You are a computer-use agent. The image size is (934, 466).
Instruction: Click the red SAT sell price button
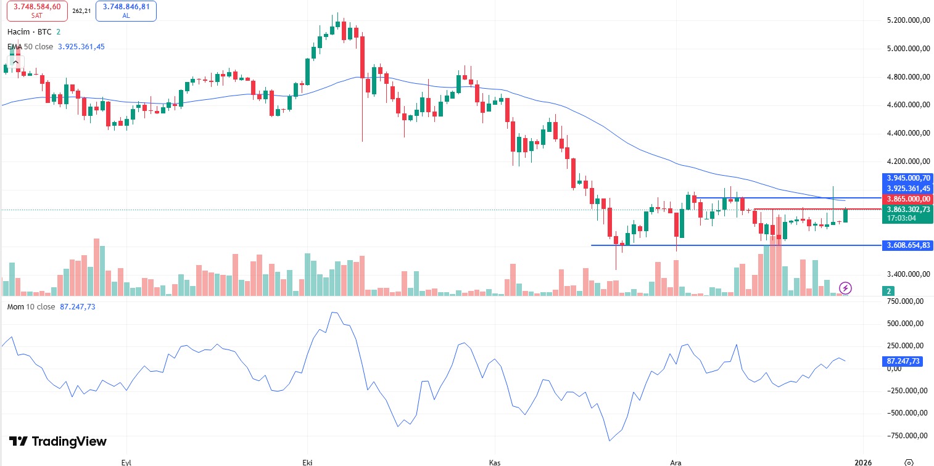(x=38, y=10)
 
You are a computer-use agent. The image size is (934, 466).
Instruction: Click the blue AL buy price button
(x=126, y=10)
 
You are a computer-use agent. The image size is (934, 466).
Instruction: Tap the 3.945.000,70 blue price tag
(x=907, y=178)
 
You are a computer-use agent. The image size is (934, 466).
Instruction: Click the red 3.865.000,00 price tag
(x=907, y=199)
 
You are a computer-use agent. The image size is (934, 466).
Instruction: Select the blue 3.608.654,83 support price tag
(x=907, y=245)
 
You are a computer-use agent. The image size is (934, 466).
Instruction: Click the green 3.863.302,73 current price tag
(x=907, y=210)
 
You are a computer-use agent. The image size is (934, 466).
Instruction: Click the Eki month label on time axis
(x=307, y=461)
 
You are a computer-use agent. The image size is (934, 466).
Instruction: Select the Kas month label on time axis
(x=494, y=461)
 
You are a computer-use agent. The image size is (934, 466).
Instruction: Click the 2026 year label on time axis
(x=863, y=461)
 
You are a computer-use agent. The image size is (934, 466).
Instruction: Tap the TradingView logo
(x=58, y=441)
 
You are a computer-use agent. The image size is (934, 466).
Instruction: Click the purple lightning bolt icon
(x=846, y=288)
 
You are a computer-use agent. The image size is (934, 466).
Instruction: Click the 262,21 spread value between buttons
(x=81, y=11)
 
